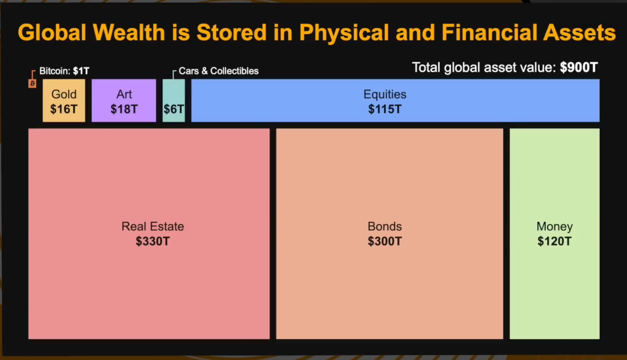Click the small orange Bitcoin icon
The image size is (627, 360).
(x=32, y=84)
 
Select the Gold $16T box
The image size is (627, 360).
(x=64, y=100)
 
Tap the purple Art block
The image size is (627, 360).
(x=124, y=100)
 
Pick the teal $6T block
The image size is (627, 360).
(x=173, y=100)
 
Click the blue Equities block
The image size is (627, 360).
(x=395, y=100)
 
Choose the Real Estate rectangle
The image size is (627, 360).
(x=149, y=233)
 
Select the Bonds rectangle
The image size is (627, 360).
(x=389, y=233)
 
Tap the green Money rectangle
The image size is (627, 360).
(x=554, y=233)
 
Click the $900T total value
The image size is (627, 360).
(x=578, y=67)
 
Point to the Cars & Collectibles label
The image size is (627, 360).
(x=218, y=71)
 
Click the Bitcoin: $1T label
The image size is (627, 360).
(x=64, y=71)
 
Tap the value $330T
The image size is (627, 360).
(x=153, y=241)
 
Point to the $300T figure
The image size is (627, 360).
(x=385, y=241)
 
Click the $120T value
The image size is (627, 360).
(x=554, y=241)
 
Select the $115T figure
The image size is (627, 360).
(x=385, y=109)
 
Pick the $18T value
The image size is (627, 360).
(x=124, y=109)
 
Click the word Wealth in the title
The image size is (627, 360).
(x=129, y=33)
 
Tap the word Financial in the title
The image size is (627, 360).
(x=489, y=33)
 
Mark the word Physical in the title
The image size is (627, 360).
(x=344, y=33)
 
